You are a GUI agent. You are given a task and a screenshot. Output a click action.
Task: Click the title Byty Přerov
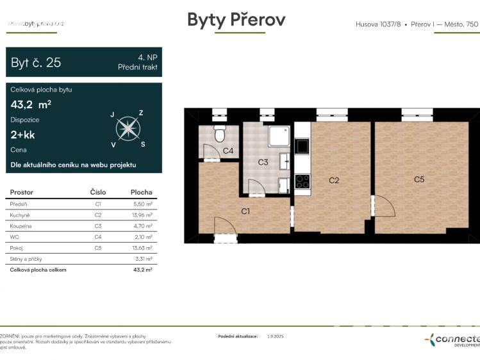236,20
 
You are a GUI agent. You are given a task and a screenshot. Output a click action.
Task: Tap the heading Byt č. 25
36,63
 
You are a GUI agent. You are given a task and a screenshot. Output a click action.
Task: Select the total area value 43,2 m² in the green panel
31,104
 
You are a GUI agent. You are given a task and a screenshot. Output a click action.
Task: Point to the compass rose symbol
128,129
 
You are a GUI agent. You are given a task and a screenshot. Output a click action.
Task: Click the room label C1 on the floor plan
245,211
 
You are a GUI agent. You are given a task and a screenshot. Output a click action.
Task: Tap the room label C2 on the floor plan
333,181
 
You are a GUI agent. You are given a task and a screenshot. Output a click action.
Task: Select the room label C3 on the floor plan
263,163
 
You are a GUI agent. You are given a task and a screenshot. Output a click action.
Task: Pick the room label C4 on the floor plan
228,152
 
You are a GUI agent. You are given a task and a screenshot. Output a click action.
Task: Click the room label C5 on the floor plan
418,179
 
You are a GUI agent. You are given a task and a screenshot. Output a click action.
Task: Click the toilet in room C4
219,135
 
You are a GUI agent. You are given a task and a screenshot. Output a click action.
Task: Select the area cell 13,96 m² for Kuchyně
141,215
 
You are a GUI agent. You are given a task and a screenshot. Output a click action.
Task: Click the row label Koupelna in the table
22,225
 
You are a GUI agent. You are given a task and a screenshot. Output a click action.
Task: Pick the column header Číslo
97,192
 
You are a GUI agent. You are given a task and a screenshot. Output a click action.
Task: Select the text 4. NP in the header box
147,57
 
